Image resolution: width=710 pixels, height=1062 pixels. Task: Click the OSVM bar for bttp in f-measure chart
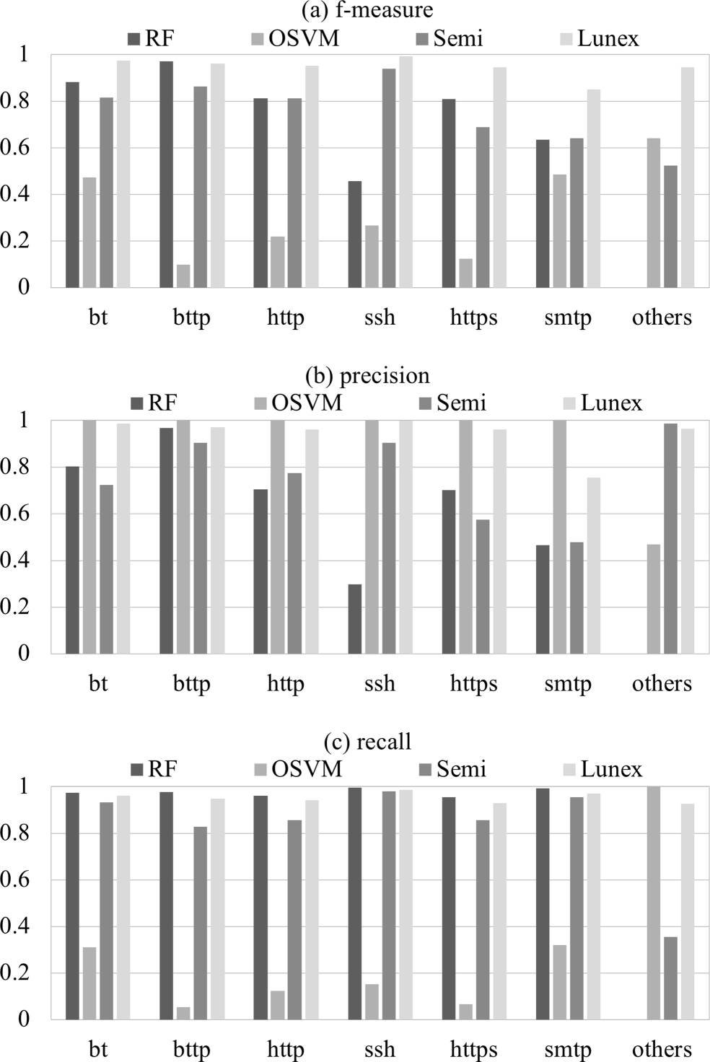[x=183, y=276]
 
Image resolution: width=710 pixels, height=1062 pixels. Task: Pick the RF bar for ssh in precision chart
[x=354, y=618]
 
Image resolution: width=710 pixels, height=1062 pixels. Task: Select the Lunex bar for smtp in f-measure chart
[x=593, y=188]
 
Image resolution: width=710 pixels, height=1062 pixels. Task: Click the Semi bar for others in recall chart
[x=670, y=978]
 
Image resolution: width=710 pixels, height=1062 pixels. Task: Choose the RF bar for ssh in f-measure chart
[x=354, y=234]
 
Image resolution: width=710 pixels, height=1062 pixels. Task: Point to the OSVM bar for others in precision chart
[x=654, y=599]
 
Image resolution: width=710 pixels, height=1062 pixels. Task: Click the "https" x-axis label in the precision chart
[x=473, y=683]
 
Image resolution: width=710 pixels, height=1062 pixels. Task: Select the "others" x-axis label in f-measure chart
[x=662, y=317]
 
